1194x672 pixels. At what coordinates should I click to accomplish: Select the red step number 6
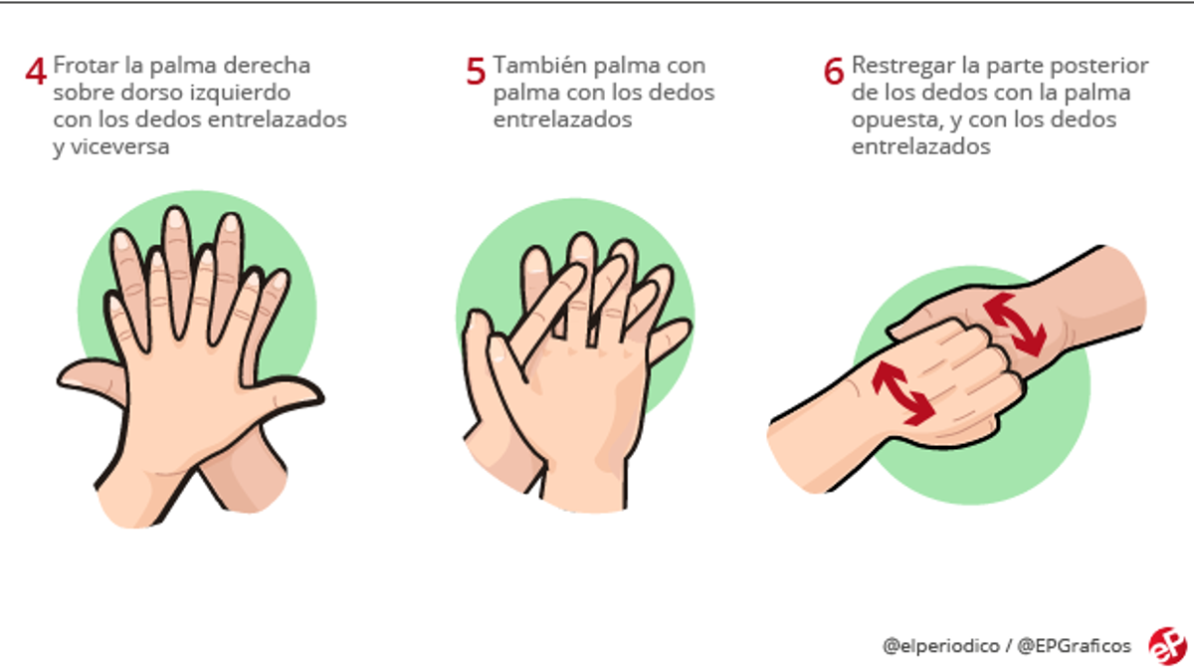pos(834,72)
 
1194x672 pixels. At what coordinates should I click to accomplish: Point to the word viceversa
pos(110,146)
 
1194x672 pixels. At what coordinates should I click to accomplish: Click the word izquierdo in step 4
pos(242,93)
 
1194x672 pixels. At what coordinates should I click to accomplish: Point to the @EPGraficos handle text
pos(1074,646)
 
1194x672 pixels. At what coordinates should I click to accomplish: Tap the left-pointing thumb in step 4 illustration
pos(90,380)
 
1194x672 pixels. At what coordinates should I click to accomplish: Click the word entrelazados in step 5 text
pos(563,119)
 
